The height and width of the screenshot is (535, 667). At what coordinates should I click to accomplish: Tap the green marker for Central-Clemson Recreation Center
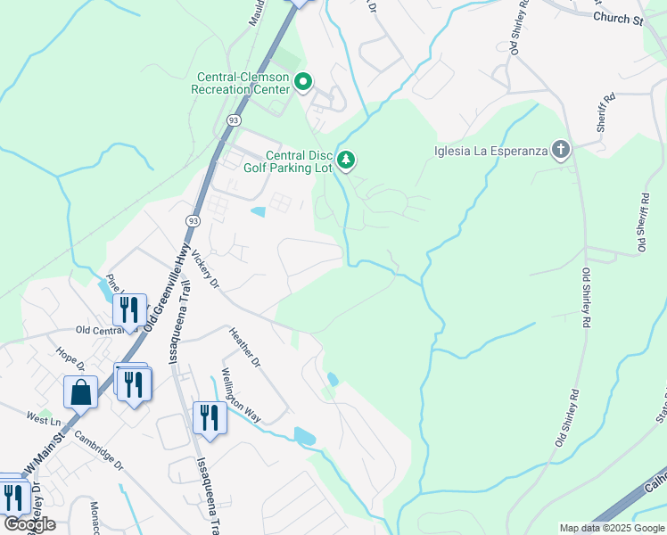[302, 83]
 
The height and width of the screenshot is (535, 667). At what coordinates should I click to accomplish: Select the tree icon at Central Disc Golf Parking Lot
[347, 160]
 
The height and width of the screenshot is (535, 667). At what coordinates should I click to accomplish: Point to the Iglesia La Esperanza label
[491, 150]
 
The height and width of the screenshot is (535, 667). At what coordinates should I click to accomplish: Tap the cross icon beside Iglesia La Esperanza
[561, 149]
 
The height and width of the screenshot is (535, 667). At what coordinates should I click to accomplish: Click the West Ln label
[42, 417]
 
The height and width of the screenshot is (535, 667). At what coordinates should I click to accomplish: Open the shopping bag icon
[80, 391]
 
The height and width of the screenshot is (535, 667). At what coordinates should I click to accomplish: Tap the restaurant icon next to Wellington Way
[210, 417]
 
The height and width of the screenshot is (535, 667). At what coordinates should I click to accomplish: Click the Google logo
[29, 524]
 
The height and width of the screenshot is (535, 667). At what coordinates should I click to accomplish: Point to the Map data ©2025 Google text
[612, 528]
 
